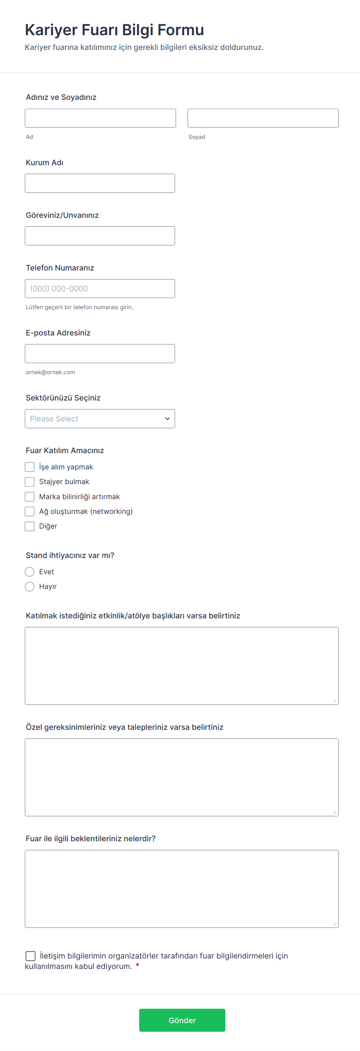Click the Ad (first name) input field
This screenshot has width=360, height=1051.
tap(100, 118)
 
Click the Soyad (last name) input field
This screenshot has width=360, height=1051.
tap(263, 118)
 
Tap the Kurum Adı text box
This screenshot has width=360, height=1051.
tap(99, 183)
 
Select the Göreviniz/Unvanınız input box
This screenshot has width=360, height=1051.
tap(99, 236)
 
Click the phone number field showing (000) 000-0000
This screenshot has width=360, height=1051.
tap(99, 288)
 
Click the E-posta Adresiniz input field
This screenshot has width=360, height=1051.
tap(99, 353)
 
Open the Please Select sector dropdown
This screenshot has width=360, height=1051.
tap(99, 419)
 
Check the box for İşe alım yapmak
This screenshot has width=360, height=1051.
tap(30, 467)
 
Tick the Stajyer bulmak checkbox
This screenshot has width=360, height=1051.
tap(30, 482)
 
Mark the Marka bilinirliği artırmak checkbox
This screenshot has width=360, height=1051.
tap(30, 496)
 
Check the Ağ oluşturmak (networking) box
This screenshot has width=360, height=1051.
tap(30, 511)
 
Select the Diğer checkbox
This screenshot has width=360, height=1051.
tap(30, 526)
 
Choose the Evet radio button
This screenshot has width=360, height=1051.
tap(30, 572)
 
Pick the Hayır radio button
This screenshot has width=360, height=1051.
tap(30, 587)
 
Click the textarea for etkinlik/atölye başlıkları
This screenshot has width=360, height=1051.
tap(181, 666)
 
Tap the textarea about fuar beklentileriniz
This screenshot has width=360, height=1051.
tap(181, 888)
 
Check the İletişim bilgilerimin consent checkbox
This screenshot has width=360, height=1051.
tap(31, 956)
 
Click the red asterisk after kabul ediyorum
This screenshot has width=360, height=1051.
tap(137, 966)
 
